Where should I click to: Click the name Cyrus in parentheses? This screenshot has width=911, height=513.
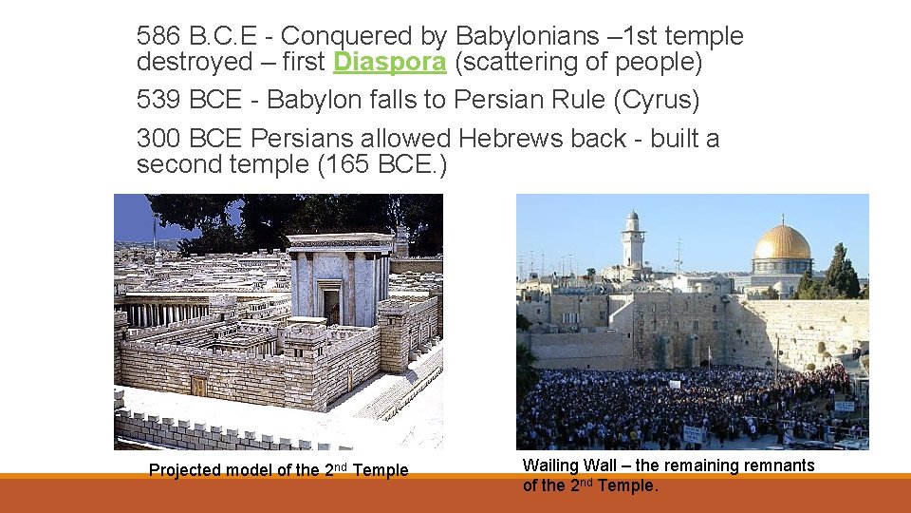click(x=675, y=100)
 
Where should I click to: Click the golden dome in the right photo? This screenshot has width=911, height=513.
click(x=782, y=244)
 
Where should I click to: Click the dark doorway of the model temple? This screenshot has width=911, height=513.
click(x=331, y=306)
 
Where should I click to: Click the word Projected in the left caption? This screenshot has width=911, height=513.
click(x=185, y=470)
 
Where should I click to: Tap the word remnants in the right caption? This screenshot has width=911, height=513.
click(x=781, y=465)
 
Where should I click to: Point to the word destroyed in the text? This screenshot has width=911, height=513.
click(x=193, y=63)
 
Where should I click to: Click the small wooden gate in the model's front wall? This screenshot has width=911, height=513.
click(x=198, y=385)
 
